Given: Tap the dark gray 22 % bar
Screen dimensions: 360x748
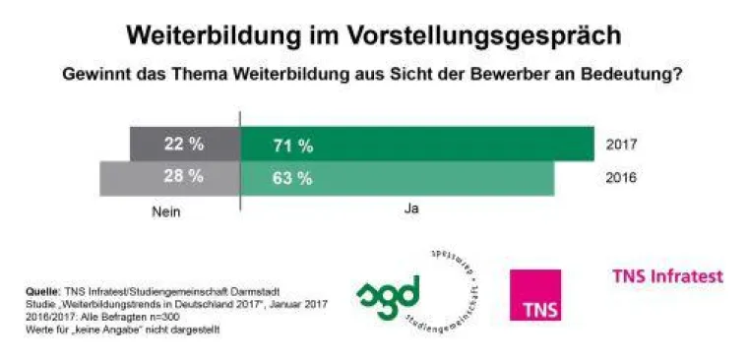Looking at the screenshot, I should [x=184, y=145].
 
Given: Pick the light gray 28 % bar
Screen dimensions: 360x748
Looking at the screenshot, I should [x=170, y=178].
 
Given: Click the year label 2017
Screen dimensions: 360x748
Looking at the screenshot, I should [x=622, y=146].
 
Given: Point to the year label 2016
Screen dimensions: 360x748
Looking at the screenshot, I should [x=622, y=178].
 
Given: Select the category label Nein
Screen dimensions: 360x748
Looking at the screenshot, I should [x=168, y=210].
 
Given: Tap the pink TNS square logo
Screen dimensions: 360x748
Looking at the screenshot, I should [x=535, y=295].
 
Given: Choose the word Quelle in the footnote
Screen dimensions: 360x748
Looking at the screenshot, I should [x=41, y=292].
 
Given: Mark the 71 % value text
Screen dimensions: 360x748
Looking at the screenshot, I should [x=292, y=147].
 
